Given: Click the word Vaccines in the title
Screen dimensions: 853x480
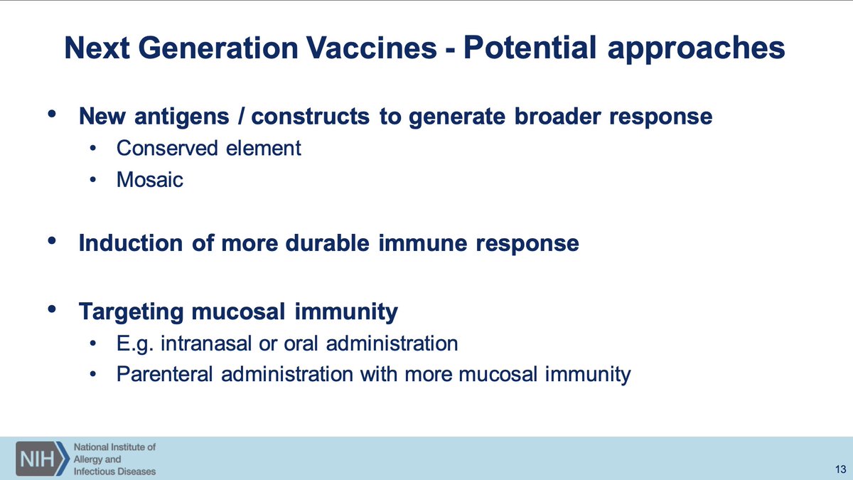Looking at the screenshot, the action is [x=372, y=48].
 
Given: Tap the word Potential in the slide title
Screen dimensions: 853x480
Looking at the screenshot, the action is [x=530, y=48].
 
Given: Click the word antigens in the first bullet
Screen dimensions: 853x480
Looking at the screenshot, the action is [x=182, y=117].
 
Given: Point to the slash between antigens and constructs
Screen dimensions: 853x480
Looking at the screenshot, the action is [x=240, y=116].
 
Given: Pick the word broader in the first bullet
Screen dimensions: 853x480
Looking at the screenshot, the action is [x=557, y=116].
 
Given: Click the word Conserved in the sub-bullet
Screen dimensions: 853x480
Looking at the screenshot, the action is [x=167, y=148].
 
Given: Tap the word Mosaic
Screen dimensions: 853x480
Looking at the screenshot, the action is [x=150, y=179].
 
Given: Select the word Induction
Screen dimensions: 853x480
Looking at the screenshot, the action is [x=131, y=242].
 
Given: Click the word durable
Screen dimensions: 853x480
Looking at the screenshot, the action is [x=327, y=242].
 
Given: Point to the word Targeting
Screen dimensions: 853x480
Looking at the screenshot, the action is [x=131, y=312].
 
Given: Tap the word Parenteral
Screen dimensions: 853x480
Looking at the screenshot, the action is [x=164, y=374].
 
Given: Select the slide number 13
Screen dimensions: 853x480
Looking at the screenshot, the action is [x=840, y=469].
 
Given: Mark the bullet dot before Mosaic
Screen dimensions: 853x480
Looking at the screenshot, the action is [x=93, y=179].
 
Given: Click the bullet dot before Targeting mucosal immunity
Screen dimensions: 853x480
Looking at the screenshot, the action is [x=52, y=309].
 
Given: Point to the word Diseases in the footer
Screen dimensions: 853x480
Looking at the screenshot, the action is [x=138, y=471].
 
